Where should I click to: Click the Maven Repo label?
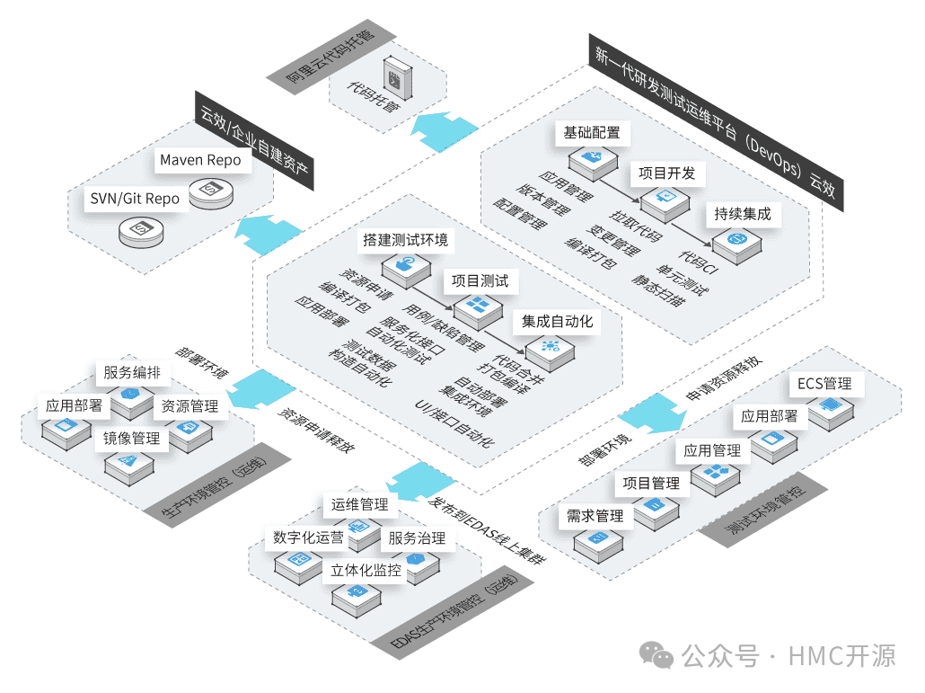[200, 160]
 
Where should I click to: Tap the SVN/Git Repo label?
[134, 199]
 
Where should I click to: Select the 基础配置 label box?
[591, 133]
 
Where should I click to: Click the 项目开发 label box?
[666, 173]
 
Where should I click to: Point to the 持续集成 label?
[742, 215]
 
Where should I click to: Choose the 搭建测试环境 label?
[406, 241]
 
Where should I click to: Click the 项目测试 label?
[480, 281]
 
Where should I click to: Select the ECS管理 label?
[824, 384]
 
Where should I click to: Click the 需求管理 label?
[595, 516]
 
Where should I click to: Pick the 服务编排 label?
[132, 373]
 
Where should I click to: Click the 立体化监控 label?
[366, 570]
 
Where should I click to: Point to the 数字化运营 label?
[308, 538]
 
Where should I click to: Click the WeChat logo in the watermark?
[662, 657]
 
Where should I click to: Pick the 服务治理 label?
[416, 538]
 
